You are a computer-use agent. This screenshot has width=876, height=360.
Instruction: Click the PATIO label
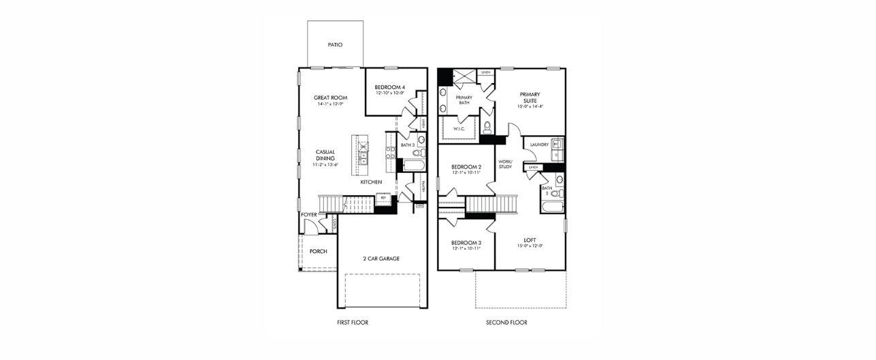pos(334,45)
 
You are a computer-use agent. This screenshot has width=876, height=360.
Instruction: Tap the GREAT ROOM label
pos(331,97)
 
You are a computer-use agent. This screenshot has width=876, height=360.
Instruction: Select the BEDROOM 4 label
pos(389,87)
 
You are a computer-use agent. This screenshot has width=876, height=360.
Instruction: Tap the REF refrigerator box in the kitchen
pos(383,198)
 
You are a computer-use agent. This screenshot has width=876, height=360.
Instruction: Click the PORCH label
pos(318,251)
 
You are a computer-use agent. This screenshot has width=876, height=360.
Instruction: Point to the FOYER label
pos(309,214)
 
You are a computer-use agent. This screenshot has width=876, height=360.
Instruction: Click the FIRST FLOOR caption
pos(353,323)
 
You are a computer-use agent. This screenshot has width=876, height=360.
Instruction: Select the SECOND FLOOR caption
pos(506,323)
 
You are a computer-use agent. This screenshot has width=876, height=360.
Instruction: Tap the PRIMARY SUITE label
pos(530,97)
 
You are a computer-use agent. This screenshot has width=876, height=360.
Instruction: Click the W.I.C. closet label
pos(459,129)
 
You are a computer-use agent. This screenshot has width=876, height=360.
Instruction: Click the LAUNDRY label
pos(539,144)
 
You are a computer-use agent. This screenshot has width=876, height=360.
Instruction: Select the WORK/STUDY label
pos(504,164)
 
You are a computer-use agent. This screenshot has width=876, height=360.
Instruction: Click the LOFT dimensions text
pos(530,246)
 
